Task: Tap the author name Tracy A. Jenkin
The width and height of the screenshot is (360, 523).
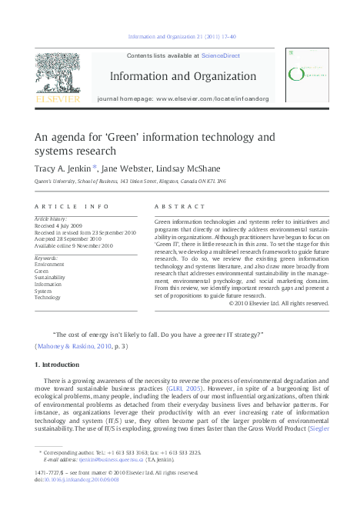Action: click(x=65, y=167)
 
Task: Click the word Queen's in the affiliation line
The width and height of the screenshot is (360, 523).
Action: click(x=44, y=181)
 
